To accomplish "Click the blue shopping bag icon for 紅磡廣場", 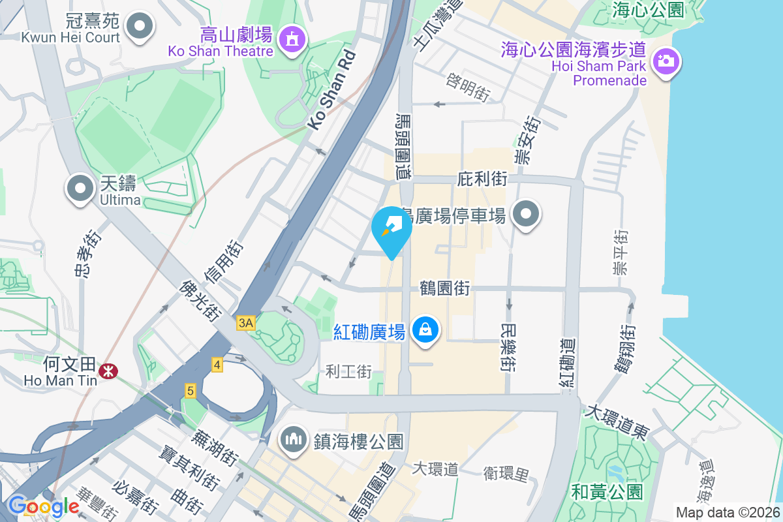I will pyautogui.click(x=425, y=330).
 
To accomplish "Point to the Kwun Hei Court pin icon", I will pyautogui.click(x=139, y=27).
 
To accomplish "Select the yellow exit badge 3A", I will pyautogui.click(x=246, y=323).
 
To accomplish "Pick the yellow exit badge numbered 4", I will pyautogui.click(x=217, y=365).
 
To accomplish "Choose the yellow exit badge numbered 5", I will pyautogui.click(x=190, y=391).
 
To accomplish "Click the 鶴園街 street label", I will pyautogui.click(x=444, y=288).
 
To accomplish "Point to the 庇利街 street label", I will pyautogui.click(x=482, y=178).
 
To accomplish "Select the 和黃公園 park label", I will pyautogui.click(x=607, y=491).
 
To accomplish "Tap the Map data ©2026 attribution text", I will pyautogui.click(x=728, y=512).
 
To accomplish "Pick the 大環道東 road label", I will pyautogui.click(x=617, y=422).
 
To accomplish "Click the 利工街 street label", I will pyautogui.click(x=349, y=372).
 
